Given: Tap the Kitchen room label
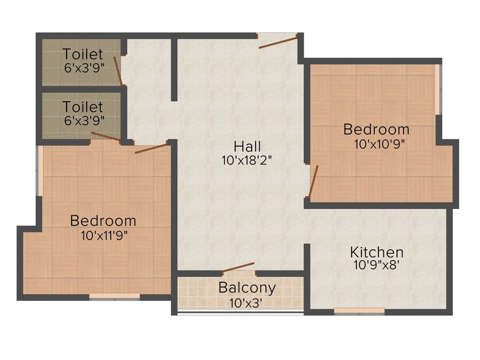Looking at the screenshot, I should pyautogui.click(x=376, y=252).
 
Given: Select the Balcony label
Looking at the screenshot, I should pyautogui.click(x=247, y=287).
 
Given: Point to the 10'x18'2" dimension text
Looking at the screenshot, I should pyautogui.click(x=247, y=160).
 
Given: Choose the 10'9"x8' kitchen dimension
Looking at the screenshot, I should pyautogui.click(x=376, y=265).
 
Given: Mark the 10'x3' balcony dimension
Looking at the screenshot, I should pyautogui.click(x=246, y=303).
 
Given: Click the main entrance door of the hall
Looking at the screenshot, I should pyautogui.click(x=278, y=41).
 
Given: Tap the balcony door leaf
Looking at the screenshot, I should pyautogui.click(x=239, y=268).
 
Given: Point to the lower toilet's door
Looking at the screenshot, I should pyautogui.click(x=105, y=136).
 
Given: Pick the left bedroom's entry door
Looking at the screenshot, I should pyautogui.click(x=151, y=149).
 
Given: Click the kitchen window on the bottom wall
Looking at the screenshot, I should pyautogui.click(x=359, y=310).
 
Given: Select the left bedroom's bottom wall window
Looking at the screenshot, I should pyautogui.click(x=114, y=296).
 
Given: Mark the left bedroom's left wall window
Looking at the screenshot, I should pyautogui.click(x=40, y=171).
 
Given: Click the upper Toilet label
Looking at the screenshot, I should pyautogui.click(x=83, y=54).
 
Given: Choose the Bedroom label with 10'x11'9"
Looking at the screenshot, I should pyautogui.click(x=103, y=220).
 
